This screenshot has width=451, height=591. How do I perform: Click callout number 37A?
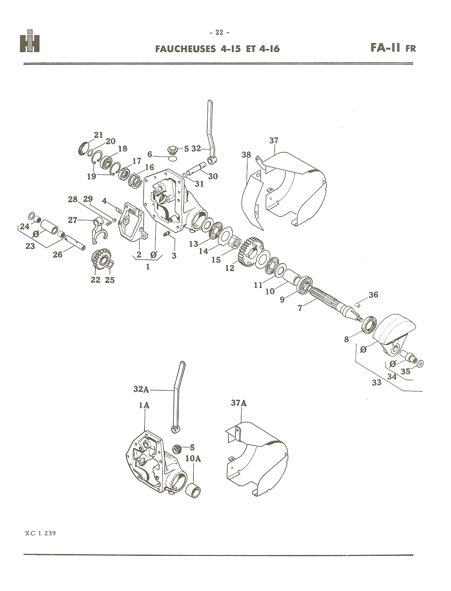point(239,403)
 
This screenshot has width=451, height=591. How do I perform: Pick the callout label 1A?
point(144,406)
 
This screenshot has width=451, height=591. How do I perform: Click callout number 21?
point(98,135)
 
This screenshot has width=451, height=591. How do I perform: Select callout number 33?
point(376,382)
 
